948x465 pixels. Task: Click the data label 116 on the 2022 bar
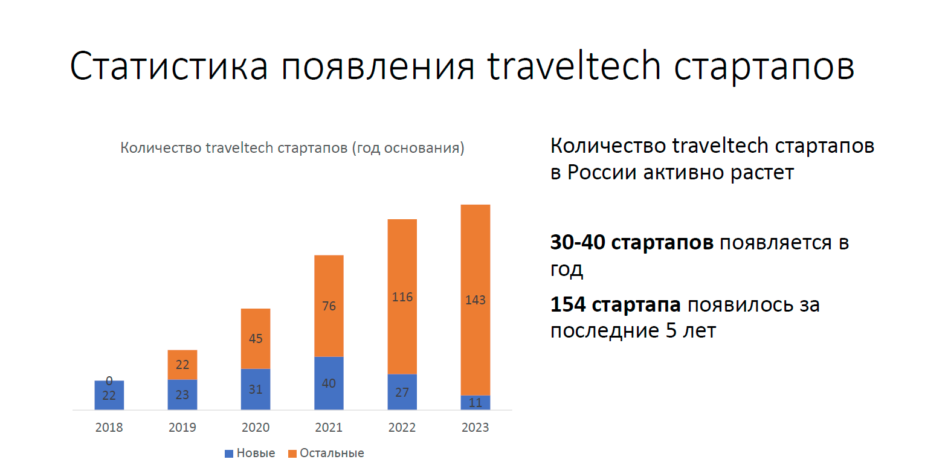click(x=402, y=297)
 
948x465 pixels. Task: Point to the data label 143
click(x=476, y=300)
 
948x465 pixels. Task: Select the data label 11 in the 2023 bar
click(x=476, y=403)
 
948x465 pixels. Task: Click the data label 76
click(x=329, y=306)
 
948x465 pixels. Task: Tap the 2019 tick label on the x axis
click(x=182, y=428)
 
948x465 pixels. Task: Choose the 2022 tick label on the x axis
click(x=402, y=428)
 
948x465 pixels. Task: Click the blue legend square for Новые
click(x=229, y=454)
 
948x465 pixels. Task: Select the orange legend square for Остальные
click(x=292, y=454)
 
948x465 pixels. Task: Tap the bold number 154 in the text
click(x=568, y=304)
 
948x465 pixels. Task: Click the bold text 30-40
click(x=578, y=242)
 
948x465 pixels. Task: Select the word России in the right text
click(x=602, y=173)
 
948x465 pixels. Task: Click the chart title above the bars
click(x=292, y=148)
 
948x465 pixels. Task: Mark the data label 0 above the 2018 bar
click(x=109, y=380)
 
